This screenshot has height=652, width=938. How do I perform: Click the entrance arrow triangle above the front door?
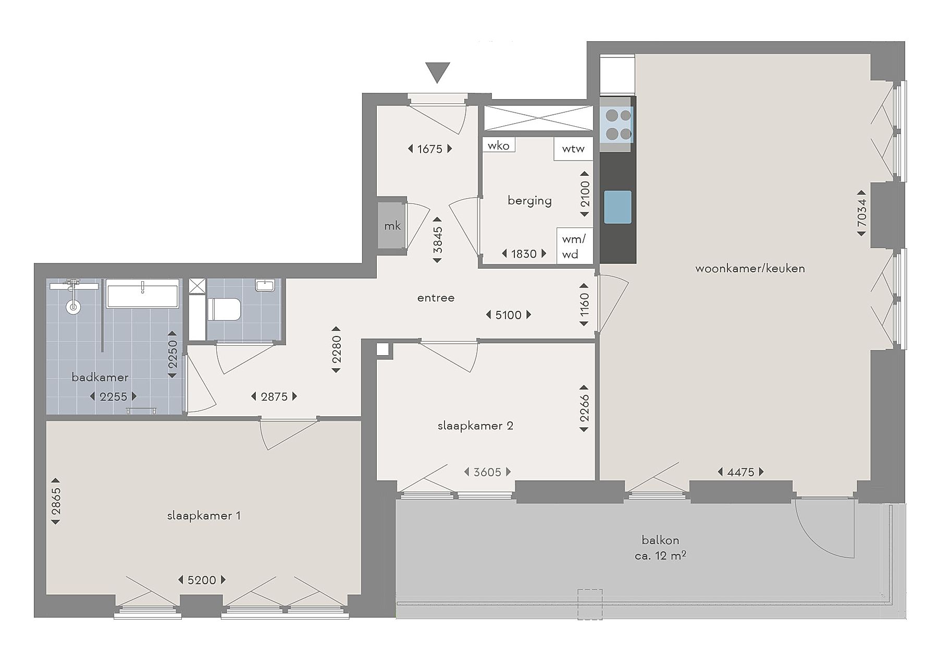(437, 71)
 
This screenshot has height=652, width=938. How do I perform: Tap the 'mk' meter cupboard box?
(392, 225)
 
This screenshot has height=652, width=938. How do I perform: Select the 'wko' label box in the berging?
(499, 146)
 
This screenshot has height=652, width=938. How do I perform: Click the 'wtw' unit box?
(573, 149)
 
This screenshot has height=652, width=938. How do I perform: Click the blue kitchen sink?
(618, 207)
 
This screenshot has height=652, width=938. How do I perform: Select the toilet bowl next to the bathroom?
(224, 309)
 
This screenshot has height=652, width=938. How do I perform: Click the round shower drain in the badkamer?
(73, 307)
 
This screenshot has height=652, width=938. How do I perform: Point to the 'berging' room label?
(529, 201)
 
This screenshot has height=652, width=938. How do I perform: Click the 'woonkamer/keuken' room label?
(750, 269)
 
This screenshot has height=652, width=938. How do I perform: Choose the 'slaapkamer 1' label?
(204, 516)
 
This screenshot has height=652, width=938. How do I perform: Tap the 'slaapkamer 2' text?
(475, 426)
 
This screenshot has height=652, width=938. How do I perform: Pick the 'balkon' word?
(660, 540)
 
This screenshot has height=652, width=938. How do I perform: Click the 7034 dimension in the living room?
(862, 213)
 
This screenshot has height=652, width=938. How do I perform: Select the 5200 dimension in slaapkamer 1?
(202, 580)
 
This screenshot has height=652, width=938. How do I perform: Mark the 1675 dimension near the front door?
(430, 149)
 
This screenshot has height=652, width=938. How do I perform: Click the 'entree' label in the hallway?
(436, 298)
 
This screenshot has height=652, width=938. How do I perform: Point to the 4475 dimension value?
(740, 472)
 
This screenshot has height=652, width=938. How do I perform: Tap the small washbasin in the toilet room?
(265, 285)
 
